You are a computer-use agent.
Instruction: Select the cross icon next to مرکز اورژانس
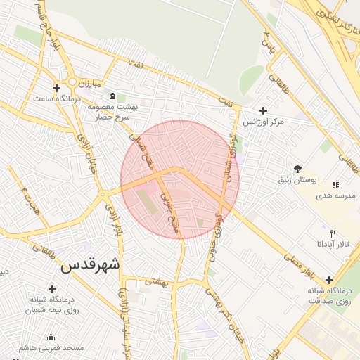point(263,110)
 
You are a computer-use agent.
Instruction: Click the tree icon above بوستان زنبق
point(298,169)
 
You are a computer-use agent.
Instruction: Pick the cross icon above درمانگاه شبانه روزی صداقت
point(329,279)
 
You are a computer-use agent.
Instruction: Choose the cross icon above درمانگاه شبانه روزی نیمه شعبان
point(52,288)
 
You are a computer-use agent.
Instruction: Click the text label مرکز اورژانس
point(263,122)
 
